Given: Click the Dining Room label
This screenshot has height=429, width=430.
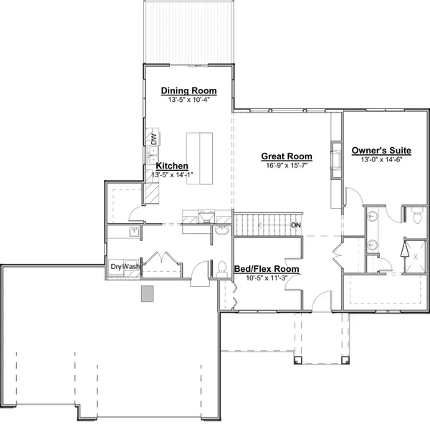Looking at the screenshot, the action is click(x=188, y=90).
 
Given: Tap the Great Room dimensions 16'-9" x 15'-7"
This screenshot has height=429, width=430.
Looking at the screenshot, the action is click(x=287, y=165).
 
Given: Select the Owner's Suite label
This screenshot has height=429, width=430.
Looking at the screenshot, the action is click(x=381, y=151).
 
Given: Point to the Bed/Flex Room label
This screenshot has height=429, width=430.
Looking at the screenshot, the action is click(x=267, y=269).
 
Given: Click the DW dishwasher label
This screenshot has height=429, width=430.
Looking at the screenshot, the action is click(x=154, y=139).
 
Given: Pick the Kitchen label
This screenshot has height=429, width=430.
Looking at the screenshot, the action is click(x=172, y=166).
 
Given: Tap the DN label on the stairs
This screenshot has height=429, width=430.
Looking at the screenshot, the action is click(x=296, y=225).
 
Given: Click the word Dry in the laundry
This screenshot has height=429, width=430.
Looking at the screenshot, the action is click(x=116, y=267).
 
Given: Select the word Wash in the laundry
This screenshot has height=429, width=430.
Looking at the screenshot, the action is click(x=130, y=267).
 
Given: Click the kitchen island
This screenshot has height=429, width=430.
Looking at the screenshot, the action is click(x=200, y=159).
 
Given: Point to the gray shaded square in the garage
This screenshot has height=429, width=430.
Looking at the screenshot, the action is click(x=147, y=293).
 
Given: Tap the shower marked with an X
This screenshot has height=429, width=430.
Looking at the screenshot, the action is click(x=415, y=257).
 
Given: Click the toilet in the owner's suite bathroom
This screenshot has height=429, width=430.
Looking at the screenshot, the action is click(x=417, y=216).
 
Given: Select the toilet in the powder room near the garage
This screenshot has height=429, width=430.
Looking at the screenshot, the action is click(x=221, y=269).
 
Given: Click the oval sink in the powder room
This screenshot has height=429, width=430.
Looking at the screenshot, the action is click(x=221, y=230).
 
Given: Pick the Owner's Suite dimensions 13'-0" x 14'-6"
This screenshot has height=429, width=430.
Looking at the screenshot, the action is click(x=381, y=159).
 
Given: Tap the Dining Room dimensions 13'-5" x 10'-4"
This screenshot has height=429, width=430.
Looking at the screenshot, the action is click(x=189, y=100).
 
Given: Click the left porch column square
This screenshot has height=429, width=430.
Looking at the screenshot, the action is click(x=298, y=360).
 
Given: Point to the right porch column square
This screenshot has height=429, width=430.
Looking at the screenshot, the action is click(x=345, y=360).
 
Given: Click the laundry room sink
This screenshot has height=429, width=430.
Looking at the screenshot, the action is click(x=135, y=232).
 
